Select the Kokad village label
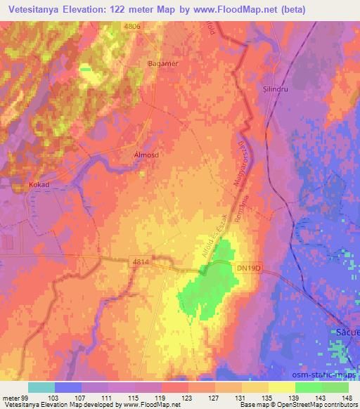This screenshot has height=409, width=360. pyautogui.click(x=41, y=185)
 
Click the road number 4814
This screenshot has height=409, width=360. pyautogui.click(x=141, y=261)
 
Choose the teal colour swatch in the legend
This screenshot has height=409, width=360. pyautogui.click(x=41, y=387)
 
